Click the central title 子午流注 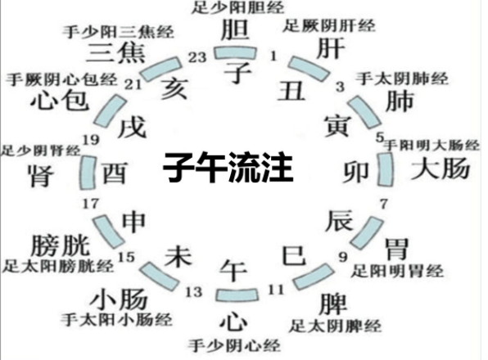[228, 167]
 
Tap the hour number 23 [197, 57]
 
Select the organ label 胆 [235, 29]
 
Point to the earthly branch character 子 [238, 72]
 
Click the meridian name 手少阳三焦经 [118, 32]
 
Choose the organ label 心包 [60, 100]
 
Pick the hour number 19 [91, 140]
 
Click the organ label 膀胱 [61, 245]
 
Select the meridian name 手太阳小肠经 [116, 320]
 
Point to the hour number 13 [194, 292]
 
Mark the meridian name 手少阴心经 [234, 345]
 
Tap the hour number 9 [343, 257]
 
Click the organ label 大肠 [441, 169]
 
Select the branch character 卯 [355, 172]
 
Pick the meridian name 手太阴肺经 [402, 78]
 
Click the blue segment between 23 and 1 [235, 53]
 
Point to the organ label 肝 [331, 48]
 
